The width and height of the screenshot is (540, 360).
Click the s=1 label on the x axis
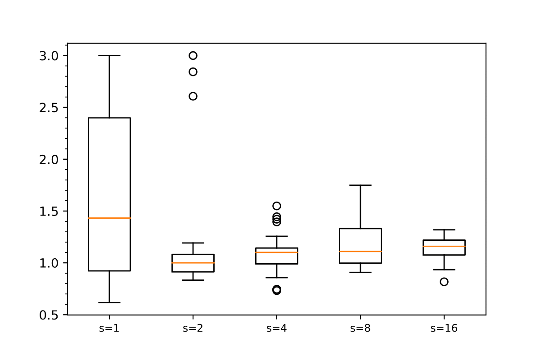pos(109,328)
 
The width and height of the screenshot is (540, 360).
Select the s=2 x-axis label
pos(193,328)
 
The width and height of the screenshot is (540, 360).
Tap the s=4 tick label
pos(276,328)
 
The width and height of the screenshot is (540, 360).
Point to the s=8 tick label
pos(360,328)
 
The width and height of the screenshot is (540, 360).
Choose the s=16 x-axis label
pos(444,328)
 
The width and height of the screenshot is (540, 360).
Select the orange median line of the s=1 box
pos(109,218)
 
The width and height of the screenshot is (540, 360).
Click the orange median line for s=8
pos(360,251)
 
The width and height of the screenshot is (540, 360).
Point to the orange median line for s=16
pos(444,246)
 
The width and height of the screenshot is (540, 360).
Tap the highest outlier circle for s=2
pos(193,55)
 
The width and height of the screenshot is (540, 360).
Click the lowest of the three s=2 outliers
pos(193,96)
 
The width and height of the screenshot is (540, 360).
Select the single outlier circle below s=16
pos(444,282)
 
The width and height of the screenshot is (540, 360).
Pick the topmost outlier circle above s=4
pos(277,206)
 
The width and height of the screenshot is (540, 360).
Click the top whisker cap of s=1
pos(109,55)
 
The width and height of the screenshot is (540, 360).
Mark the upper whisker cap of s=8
pos(360,185)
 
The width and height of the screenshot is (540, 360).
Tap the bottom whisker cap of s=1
pos(109,302)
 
